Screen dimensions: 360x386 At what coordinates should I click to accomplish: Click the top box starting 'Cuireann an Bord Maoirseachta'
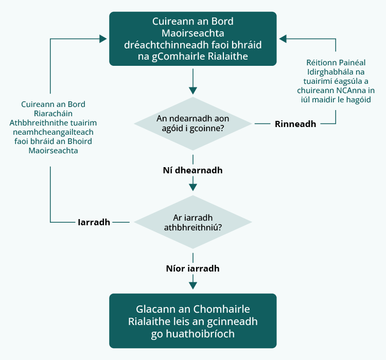[x=192, y=39]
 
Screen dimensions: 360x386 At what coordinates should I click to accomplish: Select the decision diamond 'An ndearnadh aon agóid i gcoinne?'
[x=192, y=123]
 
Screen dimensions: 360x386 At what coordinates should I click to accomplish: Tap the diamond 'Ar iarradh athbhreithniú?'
[x=192, y=222]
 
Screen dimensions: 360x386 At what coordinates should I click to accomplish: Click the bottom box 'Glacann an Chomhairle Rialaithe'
[x=192, y=321]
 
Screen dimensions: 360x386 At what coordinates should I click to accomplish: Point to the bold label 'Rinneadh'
[x=295, y=124]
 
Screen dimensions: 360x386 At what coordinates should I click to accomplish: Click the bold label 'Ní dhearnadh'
[x=192, y=170]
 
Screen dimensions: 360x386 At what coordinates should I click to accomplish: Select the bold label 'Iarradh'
[x=94, y=223]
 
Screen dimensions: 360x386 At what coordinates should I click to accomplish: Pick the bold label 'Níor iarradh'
[x=192, y=268]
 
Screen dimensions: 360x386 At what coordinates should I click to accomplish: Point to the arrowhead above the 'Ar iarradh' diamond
[x=193, y=187]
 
